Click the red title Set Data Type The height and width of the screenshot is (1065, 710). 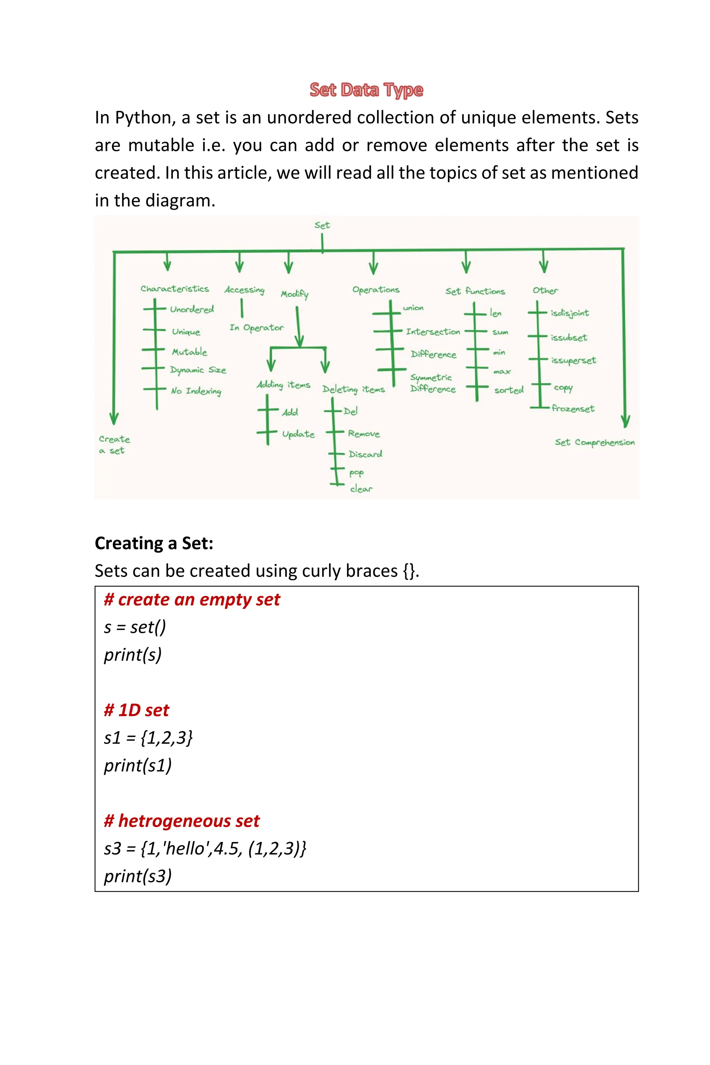pyautogui.click(x=366, y=90)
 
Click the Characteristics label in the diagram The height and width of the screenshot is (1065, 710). pyautogui.click(x=175, y=289)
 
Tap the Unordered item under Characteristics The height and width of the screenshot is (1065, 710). pyautogui.click(x=192, y=310)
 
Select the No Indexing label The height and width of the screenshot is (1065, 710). pyautogui.click(x=196, y=391)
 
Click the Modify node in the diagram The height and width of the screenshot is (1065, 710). pyautogui.click(x=294, y=294)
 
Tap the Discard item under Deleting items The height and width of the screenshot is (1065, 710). pyautogui.click(x=365, y=454)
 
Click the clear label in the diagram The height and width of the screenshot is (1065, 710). pyautogui.click(x=361, y=489)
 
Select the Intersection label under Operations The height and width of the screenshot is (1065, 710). pyautogui.click(x=433, y=332)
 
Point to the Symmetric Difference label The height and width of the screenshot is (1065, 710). pyautogui.click(x=432, y=383)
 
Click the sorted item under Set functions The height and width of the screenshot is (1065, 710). pyautogui.click(x=509, y=390)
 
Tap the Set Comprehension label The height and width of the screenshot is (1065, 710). pyautogui.click(x=595, y=442)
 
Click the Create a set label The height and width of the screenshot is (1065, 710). pyautogui.click(x=114, y=445)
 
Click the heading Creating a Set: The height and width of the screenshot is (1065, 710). pyautogui.click(x=154, y=543)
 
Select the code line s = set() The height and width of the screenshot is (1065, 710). pyautogui.click(x=135, y=627)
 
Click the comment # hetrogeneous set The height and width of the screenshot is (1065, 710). pyautogui.click(x=182, y=821)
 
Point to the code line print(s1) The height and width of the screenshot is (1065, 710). pyautogui.click(x=138, y=766)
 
